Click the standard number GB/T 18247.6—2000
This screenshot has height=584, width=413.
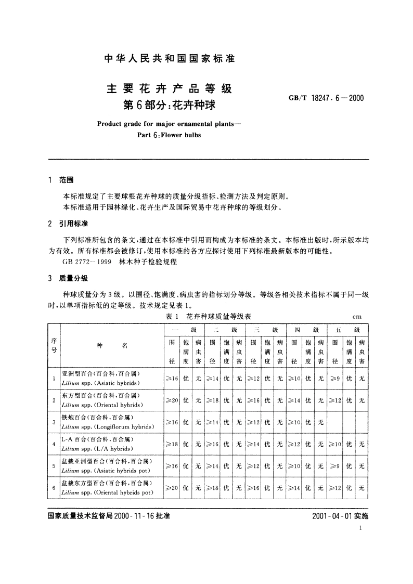326,98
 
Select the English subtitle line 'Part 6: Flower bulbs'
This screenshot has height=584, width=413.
170,134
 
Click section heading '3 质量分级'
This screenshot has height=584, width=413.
68,278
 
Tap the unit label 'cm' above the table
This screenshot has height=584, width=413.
357,316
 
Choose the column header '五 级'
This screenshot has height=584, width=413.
348,330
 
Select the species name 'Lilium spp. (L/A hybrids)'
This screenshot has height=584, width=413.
98,448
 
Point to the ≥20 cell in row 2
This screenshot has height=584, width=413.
172,400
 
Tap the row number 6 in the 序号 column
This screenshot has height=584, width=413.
54,487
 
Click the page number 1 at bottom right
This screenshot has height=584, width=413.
360,528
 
